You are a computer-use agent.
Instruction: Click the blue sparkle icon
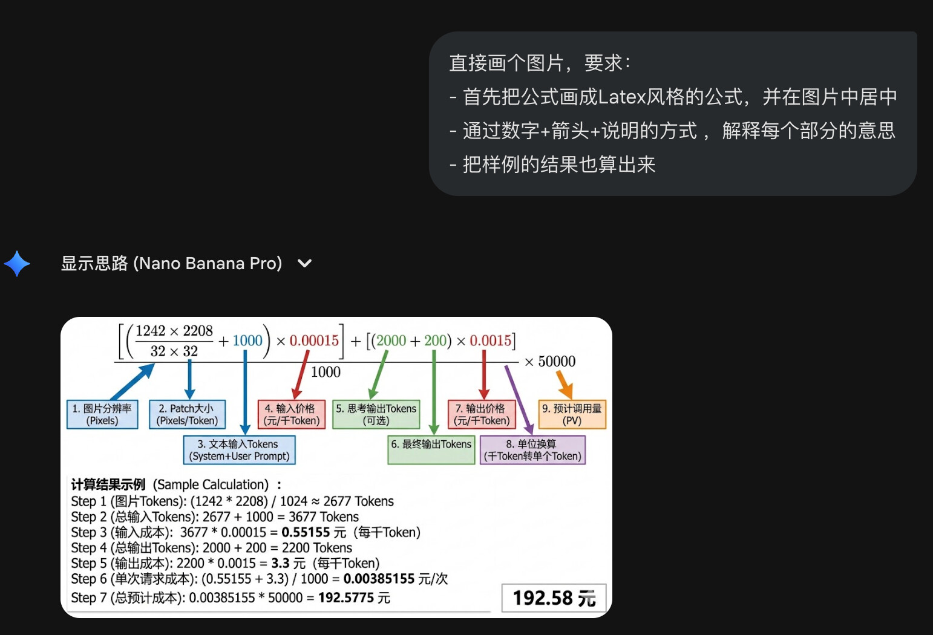[17, 264]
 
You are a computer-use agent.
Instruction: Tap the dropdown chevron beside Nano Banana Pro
[304, 264]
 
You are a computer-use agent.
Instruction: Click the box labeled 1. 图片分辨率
[102, 414]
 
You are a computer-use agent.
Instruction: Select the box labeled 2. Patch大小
[187, 414]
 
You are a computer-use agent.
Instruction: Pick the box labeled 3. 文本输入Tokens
[239, 450]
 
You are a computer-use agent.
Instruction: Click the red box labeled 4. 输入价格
[292, 414]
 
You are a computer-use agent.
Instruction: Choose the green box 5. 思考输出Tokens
[376, 414]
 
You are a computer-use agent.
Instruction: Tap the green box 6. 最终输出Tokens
[431, 450]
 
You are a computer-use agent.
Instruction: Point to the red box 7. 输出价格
[482, 414]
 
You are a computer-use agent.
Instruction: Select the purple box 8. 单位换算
[532, 450]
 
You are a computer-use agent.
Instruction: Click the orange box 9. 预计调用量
[572, 414]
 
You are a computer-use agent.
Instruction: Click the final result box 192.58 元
[554, 598]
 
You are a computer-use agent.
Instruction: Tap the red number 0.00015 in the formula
[314, 340]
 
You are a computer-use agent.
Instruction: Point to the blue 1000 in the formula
[247, 340]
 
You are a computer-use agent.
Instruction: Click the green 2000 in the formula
[391, 340]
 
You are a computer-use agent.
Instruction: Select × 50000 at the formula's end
[550, 362]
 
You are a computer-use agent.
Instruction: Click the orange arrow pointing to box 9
[565, 385]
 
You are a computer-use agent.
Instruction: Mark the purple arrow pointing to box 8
[519, 400]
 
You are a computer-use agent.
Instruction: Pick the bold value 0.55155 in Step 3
[306, 532]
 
